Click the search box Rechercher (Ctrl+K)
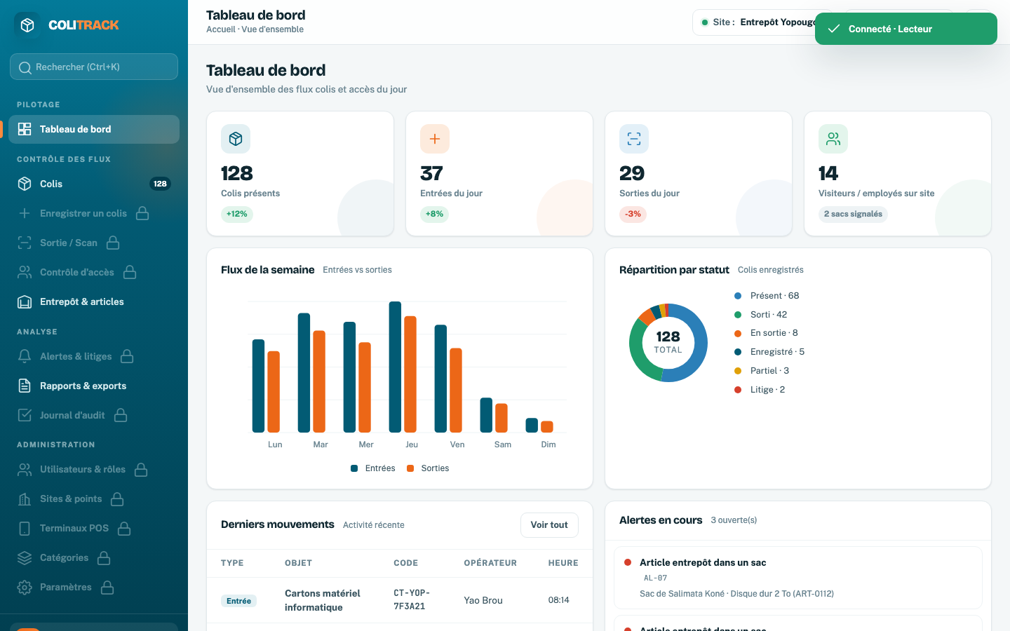pyautogui.click(x=94, y=67)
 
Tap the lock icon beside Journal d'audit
pyautogui.click(x=121, y=415)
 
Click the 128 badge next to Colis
pyautogui.click(x=160, y=184)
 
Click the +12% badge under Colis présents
pyautogui.click(x=237, y=214)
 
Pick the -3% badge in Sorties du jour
pyautogui.click(x=633, y=214)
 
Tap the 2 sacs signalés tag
pyautogui.click(x=853, y=214)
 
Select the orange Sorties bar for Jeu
pyautogui.click(x=410, y=374)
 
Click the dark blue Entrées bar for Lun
pyautogui.click(x=258, y=386)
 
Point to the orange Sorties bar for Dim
pyautogui.click(x=547, y=427)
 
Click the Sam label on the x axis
pyautogui.click(x=503, y=445)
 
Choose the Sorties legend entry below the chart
pyautogui.click(x=428, y=468)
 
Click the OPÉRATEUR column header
pyautogui.click(x=490, y=563)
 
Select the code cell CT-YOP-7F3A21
pyautogui.click(x=412, y=599)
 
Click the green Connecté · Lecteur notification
pyautogui.click(x=906, y=29)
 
